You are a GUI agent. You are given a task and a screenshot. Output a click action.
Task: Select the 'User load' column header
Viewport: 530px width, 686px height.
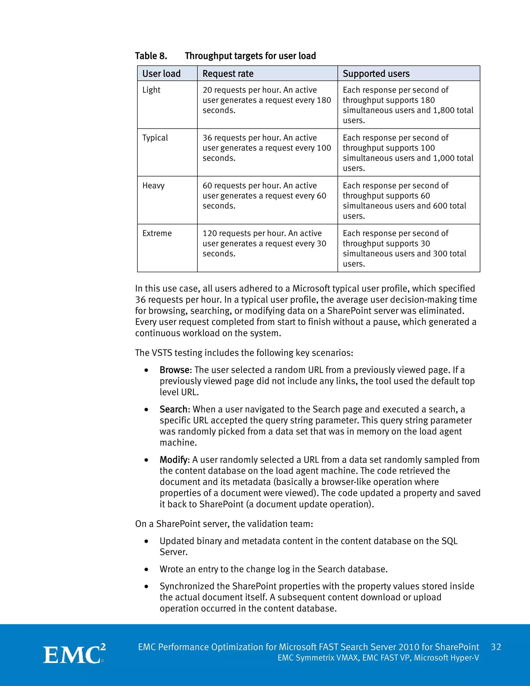coord(161,74)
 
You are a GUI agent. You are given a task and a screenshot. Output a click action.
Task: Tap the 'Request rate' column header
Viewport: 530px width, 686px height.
coord(228,74)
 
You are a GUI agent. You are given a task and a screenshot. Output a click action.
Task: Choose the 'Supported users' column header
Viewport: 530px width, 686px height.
coord(376,74)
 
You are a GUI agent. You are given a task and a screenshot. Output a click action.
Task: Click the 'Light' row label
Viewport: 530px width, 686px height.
coord(151,90)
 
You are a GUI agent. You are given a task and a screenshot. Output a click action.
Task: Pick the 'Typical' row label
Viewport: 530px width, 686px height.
coord(155,138)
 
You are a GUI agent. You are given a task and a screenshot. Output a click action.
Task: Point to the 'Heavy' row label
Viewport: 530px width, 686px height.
coord(153,186)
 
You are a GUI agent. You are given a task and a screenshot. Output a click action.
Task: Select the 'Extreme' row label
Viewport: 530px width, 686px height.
coord(157,233)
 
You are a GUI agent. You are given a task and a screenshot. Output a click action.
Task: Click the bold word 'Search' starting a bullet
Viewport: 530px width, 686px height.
coord(174,409)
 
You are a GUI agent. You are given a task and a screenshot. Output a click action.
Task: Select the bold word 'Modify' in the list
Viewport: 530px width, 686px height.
coord(174,459)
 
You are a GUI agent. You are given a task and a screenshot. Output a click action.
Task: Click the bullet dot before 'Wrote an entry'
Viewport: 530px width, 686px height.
coord(146,569)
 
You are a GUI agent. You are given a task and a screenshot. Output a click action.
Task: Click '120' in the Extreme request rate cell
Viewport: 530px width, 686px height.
coord(209,233)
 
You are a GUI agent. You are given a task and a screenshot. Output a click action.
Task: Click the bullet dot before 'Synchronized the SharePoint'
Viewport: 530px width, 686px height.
coord(146,586)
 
